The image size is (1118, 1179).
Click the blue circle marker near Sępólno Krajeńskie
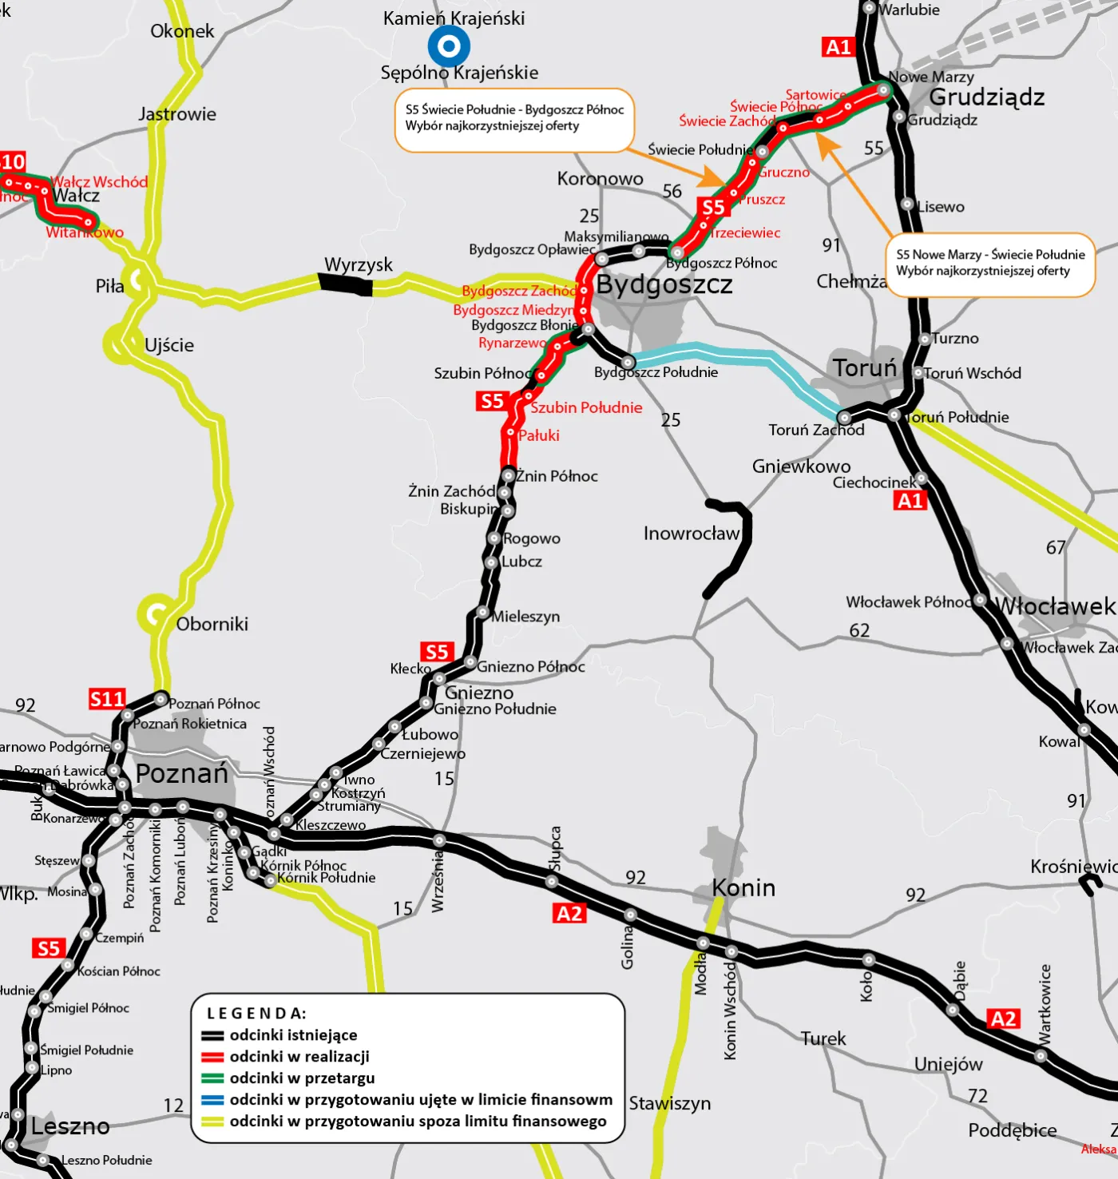click(449, 46)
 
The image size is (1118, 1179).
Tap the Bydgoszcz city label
click(664, 284)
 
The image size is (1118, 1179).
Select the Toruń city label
click(865, 368)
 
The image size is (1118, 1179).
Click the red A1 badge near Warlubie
click(838, 47)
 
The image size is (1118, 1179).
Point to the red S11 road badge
click(107, 700)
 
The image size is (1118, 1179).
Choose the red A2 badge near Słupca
click(569, 913)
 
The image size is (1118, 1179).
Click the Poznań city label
click(182, 773)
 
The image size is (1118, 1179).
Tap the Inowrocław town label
click(692, 533)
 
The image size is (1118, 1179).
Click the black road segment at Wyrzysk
click(346, 284)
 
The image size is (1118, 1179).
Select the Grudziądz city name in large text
click(987, 97)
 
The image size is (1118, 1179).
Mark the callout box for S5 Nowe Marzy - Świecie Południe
click(990, 264)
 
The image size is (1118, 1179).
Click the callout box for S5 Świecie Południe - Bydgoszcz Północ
click(514, 119)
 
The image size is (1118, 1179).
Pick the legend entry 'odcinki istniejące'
click(293, 1035)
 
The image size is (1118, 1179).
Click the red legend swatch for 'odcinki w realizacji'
click(212, 1057)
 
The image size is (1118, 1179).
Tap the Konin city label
click(743, 887)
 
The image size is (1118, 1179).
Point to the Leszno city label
click(70, 1126)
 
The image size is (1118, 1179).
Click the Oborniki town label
click(212, 624)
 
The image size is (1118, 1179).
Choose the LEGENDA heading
click(256, 1014)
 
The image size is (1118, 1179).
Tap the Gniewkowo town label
click(801, 466)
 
